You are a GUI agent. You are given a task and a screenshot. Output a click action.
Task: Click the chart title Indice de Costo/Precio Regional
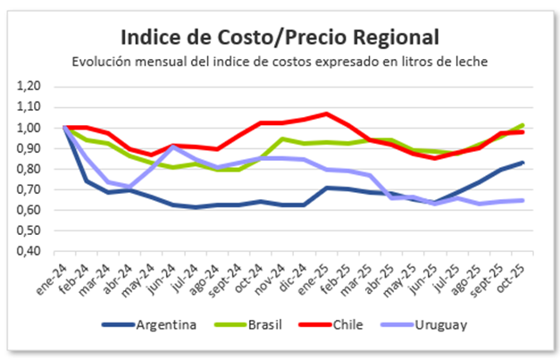280,38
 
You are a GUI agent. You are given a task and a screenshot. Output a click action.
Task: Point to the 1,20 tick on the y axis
29,86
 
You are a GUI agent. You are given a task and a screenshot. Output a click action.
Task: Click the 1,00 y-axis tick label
29,127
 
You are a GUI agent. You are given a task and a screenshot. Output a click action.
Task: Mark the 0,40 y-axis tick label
29,251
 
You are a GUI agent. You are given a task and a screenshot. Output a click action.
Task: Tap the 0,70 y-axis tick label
29,189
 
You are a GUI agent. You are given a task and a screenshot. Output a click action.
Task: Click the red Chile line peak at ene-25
328,113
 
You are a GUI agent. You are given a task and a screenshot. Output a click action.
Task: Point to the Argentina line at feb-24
88,181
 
